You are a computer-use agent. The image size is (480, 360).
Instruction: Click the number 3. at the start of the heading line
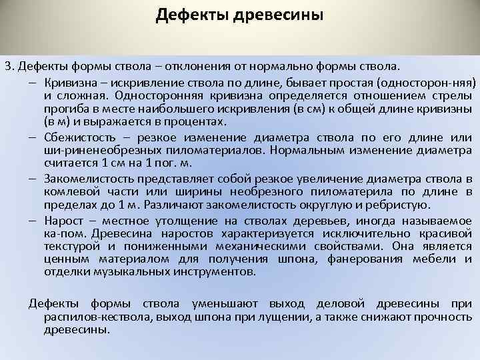(9, 67)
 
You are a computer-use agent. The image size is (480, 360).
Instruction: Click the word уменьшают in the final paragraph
(224, 303)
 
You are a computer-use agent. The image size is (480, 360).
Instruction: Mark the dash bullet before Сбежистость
(33, 137)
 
